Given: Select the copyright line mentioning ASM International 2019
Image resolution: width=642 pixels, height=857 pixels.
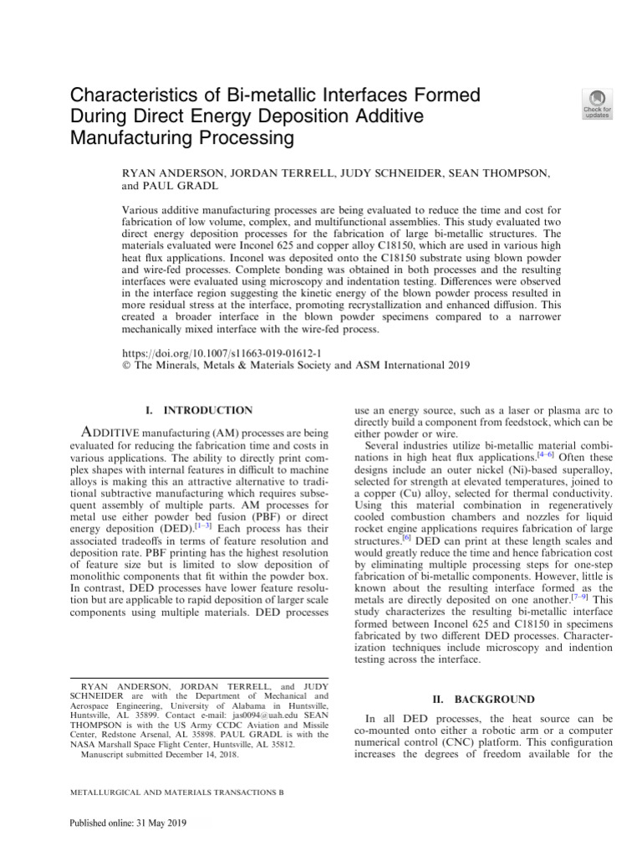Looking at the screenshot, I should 296,365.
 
